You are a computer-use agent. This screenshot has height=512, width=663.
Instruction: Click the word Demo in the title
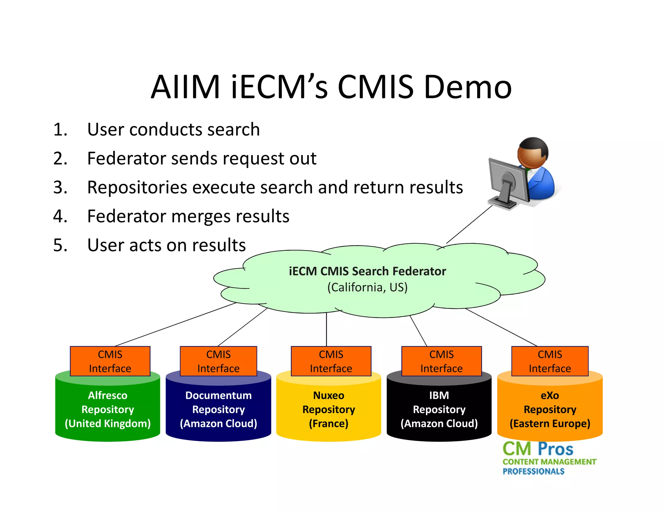pos(467,87)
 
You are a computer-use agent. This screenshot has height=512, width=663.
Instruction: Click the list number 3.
pos(60,187)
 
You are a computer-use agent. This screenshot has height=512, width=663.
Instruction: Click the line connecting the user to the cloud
pos(469,224)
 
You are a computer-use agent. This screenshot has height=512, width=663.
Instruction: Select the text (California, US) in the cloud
pos(367,287)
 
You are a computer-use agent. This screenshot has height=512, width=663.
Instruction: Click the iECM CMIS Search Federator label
pos(367,271)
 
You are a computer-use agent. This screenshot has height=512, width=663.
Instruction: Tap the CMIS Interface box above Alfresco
pos(110,361)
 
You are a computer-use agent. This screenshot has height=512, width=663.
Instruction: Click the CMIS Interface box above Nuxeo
pos(331,361)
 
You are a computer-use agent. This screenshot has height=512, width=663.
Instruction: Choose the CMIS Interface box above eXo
pos(550,361)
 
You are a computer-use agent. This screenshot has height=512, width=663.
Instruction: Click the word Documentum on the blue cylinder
pos(219,395)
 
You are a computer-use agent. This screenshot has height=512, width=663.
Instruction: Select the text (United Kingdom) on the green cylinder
pos(108,424)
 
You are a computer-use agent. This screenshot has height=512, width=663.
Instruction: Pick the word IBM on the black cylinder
pos(439,395)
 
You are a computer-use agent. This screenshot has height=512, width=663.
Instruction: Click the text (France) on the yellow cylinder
pos(329,424)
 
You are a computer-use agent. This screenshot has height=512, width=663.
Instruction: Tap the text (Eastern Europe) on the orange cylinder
pos(550,424)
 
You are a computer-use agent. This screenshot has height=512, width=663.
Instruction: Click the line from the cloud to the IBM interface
pos(418,331)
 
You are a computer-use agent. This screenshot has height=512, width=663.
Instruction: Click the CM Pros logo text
pos(538,449)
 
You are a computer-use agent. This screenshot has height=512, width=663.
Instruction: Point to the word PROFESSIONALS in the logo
pos(533,472)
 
